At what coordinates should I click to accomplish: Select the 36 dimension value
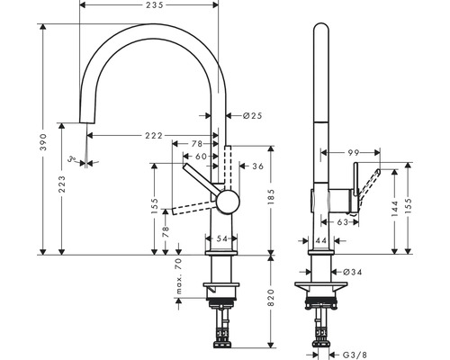(x=256, y=166)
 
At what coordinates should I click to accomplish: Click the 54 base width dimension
(x=223, y=239)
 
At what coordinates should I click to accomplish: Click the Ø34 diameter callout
(x=351, y=271)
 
